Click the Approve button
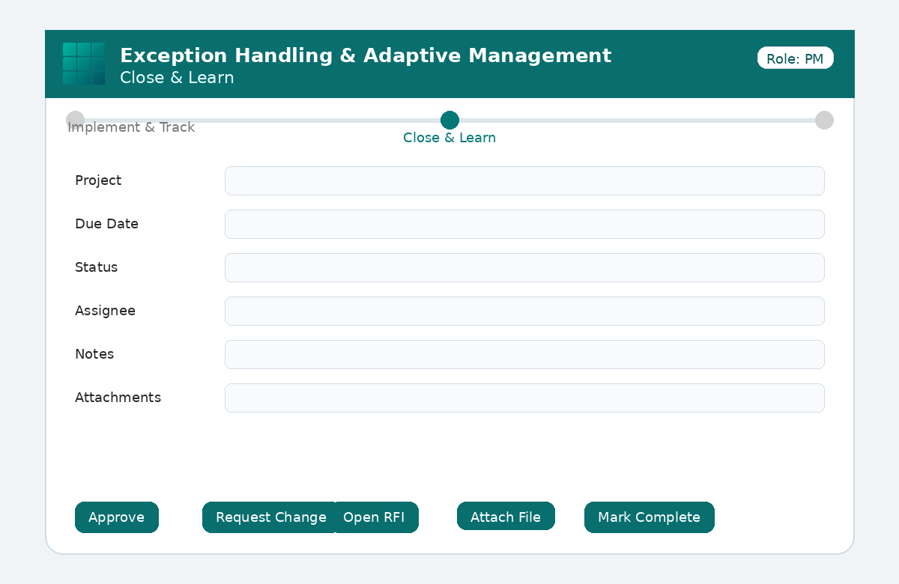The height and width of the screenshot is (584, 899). coord(117,517)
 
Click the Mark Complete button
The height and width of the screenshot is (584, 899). coord(649,517)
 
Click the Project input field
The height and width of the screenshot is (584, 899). coord(524,181)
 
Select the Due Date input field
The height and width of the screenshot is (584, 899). coord(524,224)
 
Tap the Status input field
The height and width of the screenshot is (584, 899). coord(524,267)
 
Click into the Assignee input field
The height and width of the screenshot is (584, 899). coord(524,311)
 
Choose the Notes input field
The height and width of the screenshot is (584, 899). coord(524,355)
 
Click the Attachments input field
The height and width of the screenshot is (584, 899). coord(524,398)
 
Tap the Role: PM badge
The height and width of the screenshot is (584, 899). coord(795,58)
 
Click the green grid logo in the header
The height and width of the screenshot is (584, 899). coord(84,64)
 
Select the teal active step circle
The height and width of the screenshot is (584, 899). coord(449,121)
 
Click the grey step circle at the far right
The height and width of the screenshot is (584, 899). coord(824,121)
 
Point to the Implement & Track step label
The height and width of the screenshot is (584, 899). coord(131,127)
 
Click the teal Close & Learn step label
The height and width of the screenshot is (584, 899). coord(449,138)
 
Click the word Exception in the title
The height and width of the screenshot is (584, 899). coord(173,55)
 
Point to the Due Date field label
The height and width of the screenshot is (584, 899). coord(106,224)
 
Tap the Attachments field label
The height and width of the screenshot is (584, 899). coord(118,398)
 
